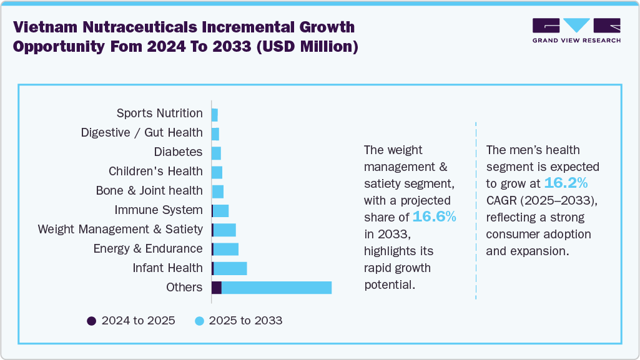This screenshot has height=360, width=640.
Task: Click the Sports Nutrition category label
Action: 159,113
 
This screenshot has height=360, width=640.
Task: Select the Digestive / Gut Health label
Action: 142,132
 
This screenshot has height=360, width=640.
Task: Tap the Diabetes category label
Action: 178,152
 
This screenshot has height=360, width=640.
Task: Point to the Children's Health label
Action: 155,171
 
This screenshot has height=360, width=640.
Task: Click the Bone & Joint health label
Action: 149,190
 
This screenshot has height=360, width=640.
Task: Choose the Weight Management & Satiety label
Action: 120,229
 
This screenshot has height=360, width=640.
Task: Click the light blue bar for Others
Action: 276,288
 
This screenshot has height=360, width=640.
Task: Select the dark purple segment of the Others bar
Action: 217,288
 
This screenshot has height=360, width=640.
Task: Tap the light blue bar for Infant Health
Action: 230,268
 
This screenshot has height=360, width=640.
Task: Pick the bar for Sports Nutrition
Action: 215,115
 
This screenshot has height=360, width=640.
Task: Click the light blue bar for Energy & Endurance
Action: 226,249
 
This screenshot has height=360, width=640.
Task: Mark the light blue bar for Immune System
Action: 221,210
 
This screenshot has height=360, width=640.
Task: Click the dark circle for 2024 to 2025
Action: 91,321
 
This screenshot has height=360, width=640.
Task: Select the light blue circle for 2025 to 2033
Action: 199,321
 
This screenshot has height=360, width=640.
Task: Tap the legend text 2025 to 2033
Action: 245,321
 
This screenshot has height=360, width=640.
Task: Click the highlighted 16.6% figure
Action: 434,216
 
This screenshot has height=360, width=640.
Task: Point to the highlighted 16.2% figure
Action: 565,183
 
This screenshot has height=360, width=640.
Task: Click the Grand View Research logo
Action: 576,31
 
